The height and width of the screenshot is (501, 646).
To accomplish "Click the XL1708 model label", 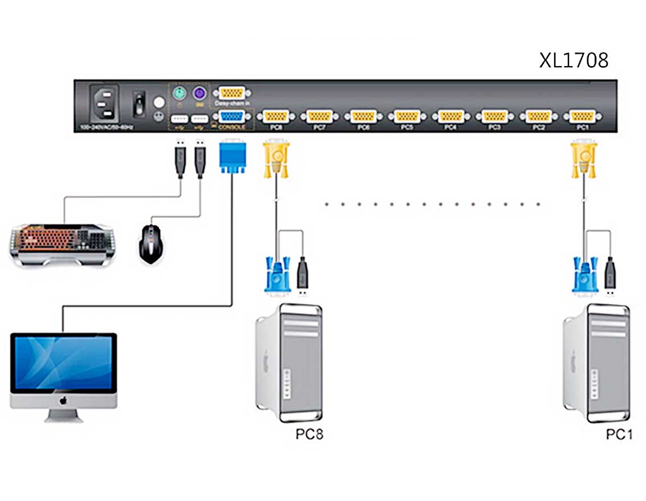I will pos(574,60).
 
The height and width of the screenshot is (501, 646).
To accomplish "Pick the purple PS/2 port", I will pos(199,93).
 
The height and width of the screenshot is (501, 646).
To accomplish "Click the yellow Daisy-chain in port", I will pos(231,93).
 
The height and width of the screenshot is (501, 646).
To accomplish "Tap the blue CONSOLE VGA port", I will pos(231,117).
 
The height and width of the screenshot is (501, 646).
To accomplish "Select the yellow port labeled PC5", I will pos(406,116).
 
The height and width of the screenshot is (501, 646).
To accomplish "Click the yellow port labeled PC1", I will pos(582,116).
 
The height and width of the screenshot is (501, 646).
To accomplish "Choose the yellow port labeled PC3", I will pos(494,116).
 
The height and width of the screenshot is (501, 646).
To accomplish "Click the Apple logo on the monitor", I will pos(63,400).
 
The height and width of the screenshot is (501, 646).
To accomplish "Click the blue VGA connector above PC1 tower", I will pos(585,276).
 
